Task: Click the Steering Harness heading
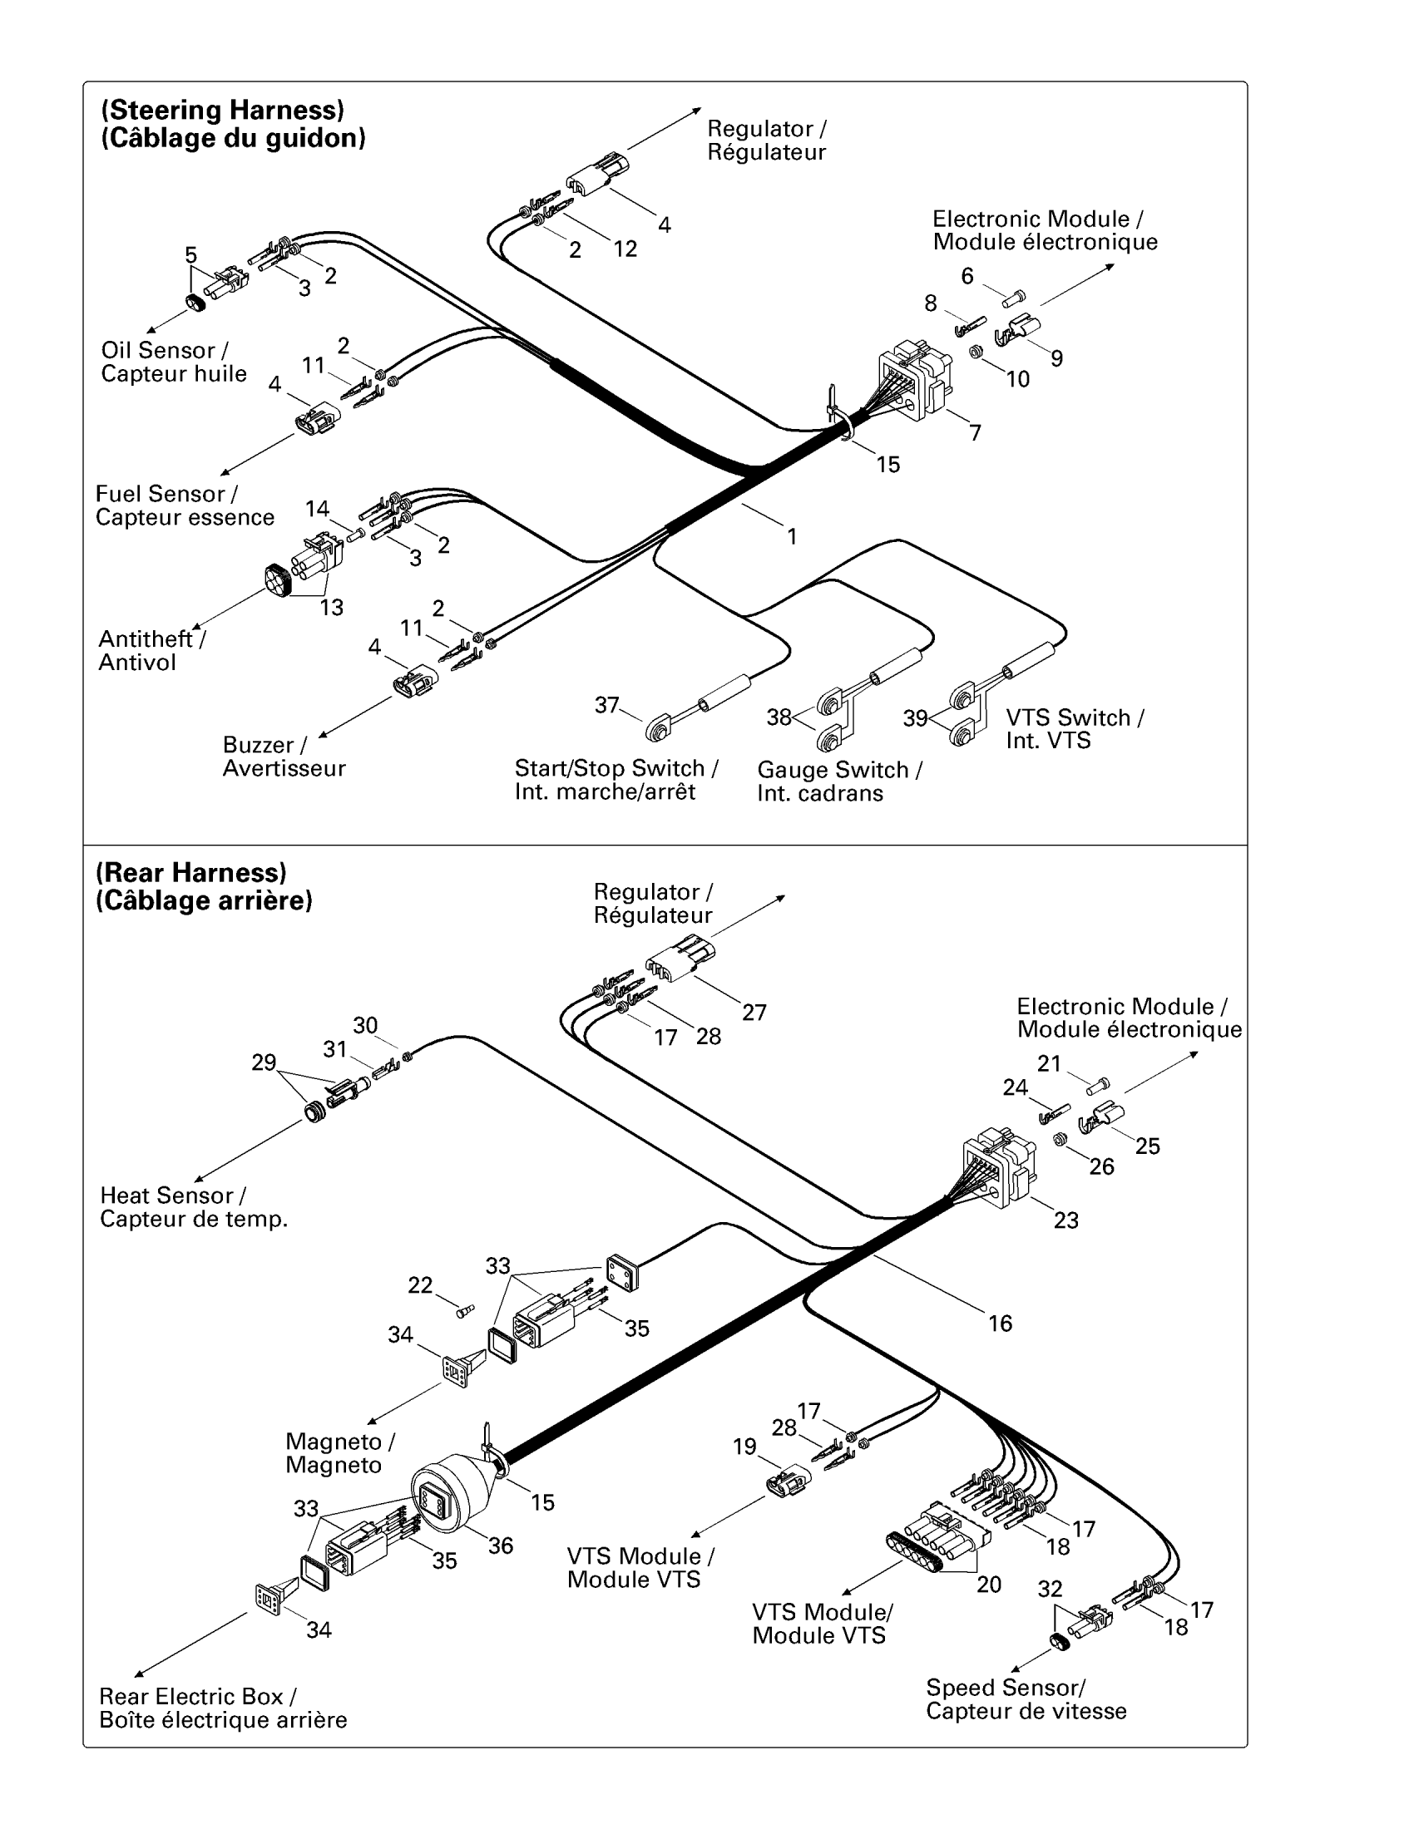233,124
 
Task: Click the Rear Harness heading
204,886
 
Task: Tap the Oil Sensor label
173,362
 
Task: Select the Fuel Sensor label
185,505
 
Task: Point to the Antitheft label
151,650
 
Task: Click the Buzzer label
283,757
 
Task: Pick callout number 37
606,705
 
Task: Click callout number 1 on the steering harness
792,536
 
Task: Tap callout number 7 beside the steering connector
975,433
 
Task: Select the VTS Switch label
1074,728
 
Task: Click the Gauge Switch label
838,781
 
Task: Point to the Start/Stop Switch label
616,780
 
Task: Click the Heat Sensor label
194,1207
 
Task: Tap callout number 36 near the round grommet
501,1546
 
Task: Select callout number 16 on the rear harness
1000,1324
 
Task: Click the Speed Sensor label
1026,1699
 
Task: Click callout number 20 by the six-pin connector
988,1584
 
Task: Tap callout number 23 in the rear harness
1065,1220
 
